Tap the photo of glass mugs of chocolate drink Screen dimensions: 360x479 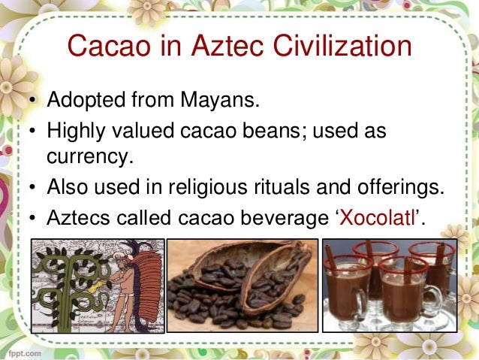(389, 286)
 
